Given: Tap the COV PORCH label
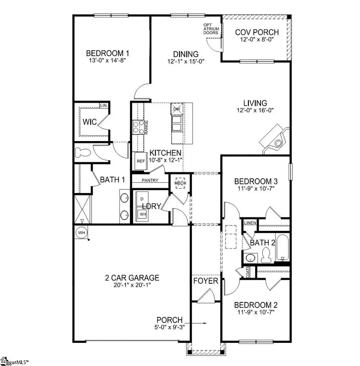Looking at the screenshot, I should pos(257,32).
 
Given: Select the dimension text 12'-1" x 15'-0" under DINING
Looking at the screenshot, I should pos(186,62).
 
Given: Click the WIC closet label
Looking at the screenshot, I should pos(90,122).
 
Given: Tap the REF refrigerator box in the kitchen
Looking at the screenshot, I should pos(140,161).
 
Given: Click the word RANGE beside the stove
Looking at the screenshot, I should pos(147,127).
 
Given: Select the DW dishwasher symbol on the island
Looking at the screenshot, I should pos(177,109).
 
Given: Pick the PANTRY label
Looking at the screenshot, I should pos(150,180).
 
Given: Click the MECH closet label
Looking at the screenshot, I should pos(178,183).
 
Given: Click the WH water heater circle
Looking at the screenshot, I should pos(81,232).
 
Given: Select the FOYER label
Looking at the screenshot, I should pos(206,281).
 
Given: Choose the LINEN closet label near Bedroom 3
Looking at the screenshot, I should pos(250,223).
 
